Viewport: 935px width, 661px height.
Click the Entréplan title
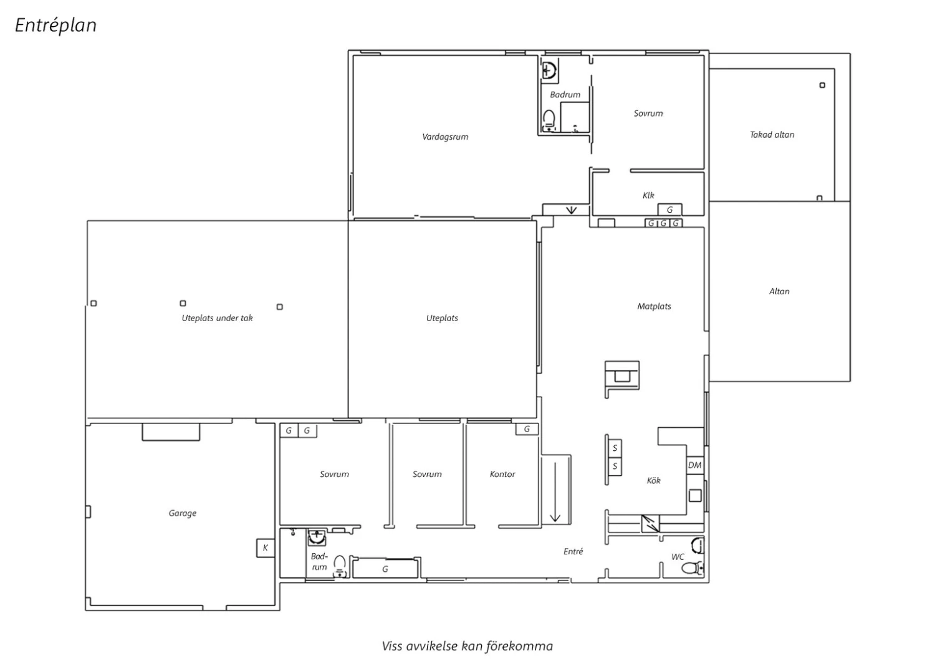pos(56,25)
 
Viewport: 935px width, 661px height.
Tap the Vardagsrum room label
pos(445,137)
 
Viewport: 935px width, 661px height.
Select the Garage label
pos(183,513)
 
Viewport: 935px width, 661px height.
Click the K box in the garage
pos(265,548)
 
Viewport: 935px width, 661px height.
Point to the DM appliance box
pos(694,465)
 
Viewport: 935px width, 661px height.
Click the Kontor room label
pos(502,474)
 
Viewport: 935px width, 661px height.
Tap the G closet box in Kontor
pos(527,429)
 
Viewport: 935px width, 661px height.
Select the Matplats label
pos(654,306)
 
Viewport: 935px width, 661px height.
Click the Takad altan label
pos(772,135)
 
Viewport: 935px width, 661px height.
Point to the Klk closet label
pos(648,195)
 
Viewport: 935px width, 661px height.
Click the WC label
pos(678,557)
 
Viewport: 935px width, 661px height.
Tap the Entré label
pos(573,551)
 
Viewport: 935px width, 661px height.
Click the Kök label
pos(654,481)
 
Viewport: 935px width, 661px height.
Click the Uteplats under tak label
pos(217,318)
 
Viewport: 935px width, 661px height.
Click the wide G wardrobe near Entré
pos(385,569)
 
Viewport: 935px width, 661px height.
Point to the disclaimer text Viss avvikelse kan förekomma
pos(467,646)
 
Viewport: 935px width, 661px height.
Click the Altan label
pos(779,291)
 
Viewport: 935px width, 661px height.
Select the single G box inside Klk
pos(670,210)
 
